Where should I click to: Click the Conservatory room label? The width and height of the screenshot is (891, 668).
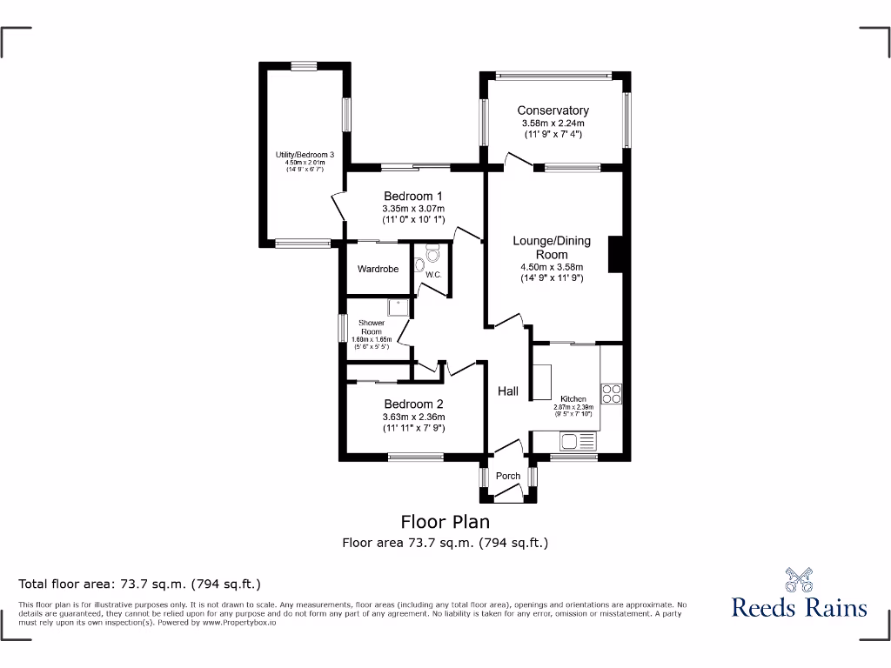point(553,110)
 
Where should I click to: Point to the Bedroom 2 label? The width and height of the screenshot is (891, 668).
point(413,404)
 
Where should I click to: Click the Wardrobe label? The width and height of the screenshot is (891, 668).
point(378,269)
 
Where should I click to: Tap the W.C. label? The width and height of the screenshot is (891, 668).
point(433,275)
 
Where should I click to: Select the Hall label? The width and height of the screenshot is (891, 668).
point(508,391)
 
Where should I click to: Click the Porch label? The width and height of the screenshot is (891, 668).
point(508,476)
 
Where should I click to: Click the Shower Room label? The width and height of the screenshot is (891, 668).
point(372,327)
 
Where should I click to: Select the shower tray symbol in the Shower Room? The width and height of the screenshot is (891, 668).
point(398,306)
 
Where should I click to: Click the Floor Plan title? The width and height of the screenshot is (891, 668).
point(445,522)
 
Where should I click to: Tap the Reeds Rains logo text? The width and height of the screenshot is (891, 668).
point(799,606)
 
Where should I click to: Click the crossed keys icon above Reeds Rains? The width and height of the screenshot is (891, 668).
point(799,578)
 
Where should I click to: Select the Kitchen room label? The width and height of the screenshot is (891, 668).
point(573,398)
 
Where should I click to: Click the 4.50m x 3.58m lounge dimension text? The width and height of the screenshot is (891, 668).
point(552,267)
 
